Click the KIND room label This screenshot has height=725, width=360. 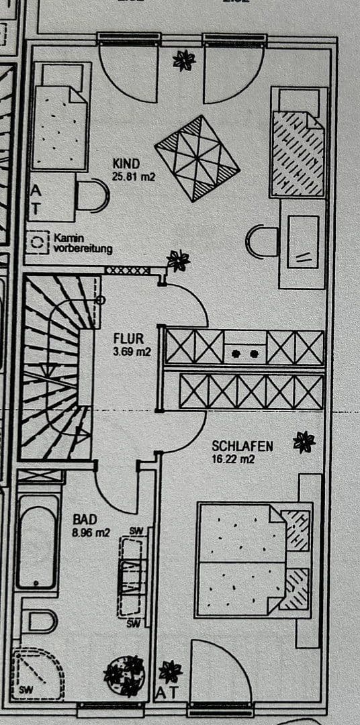[126, 164]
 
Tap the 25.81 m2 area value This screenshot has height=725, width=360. [134, 177]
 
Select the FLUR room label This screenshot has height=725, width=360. [128, 338]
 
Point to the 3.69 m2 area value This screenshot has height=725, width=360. [132, 350]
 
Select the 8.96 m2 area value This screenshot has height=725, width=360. [91, 533]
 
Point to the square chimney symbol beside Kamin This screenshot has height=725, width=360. [38, 242]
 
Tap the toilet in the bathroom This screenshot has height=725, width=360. [40, 621]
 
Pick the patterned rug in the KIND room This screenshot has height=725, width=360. [197, 158]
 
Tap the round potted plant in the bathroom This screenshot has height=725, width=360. [125, 674]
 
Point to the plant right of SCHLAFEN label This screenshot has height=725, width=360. [304, 442]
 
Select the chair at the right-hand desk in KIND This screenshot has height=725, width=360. [263, 241]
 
